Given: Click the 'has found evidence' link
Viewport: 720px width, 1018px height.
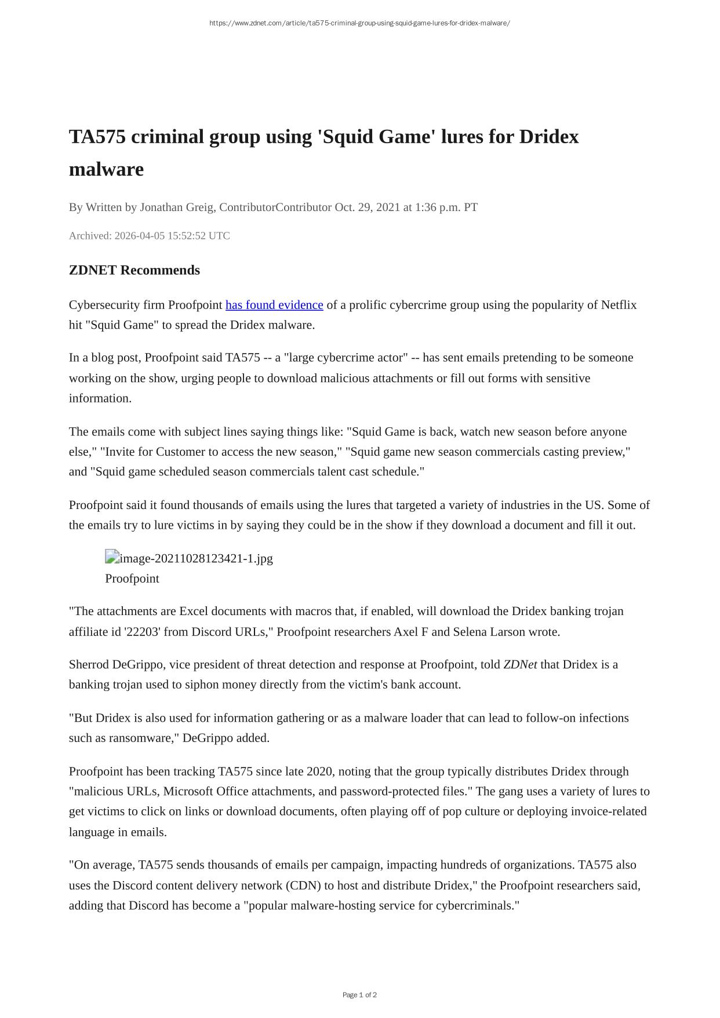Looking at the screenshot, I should (x=274, y=305).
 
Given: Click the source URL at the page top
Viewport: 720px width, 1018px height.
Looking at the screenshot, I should (x=359, y=23).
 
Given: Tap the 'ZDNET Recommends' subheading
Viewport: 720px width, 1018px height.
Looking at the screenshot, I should (x=134, y=270).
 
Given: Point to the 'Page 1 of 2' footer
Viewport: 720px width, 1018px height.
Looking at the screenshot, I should (x=359, y=995).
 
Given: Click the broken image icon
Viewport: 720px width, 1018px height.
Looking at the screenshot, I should (x=112, y=557).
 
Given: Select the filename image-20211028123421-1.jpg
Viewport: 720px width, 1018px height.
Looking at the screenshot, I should (x=196, y=558).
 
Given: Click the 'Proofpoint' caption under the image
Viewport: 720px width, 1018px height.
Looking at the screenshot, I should (x=132, y=579).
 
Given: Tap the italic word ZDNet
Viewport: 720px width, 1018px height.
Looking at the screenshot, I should (x=520, y=664).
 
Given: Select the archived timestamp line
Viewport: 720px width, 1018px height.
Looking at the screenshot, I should (x=150, y=236).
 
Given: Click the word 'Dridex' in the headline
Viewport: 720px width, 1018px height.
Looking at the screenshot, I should (x=548, y=137).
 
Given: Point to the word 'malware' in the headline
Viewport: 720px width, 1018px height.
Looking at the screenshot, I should (x=106, y=169).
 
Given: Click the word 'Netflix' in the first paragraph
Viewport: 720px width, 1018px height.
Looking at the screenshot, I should (x=619, y=305).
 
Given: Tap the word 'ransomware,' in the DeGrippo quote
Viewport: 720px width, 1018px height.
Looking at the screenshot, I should (x=144, y=738).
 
